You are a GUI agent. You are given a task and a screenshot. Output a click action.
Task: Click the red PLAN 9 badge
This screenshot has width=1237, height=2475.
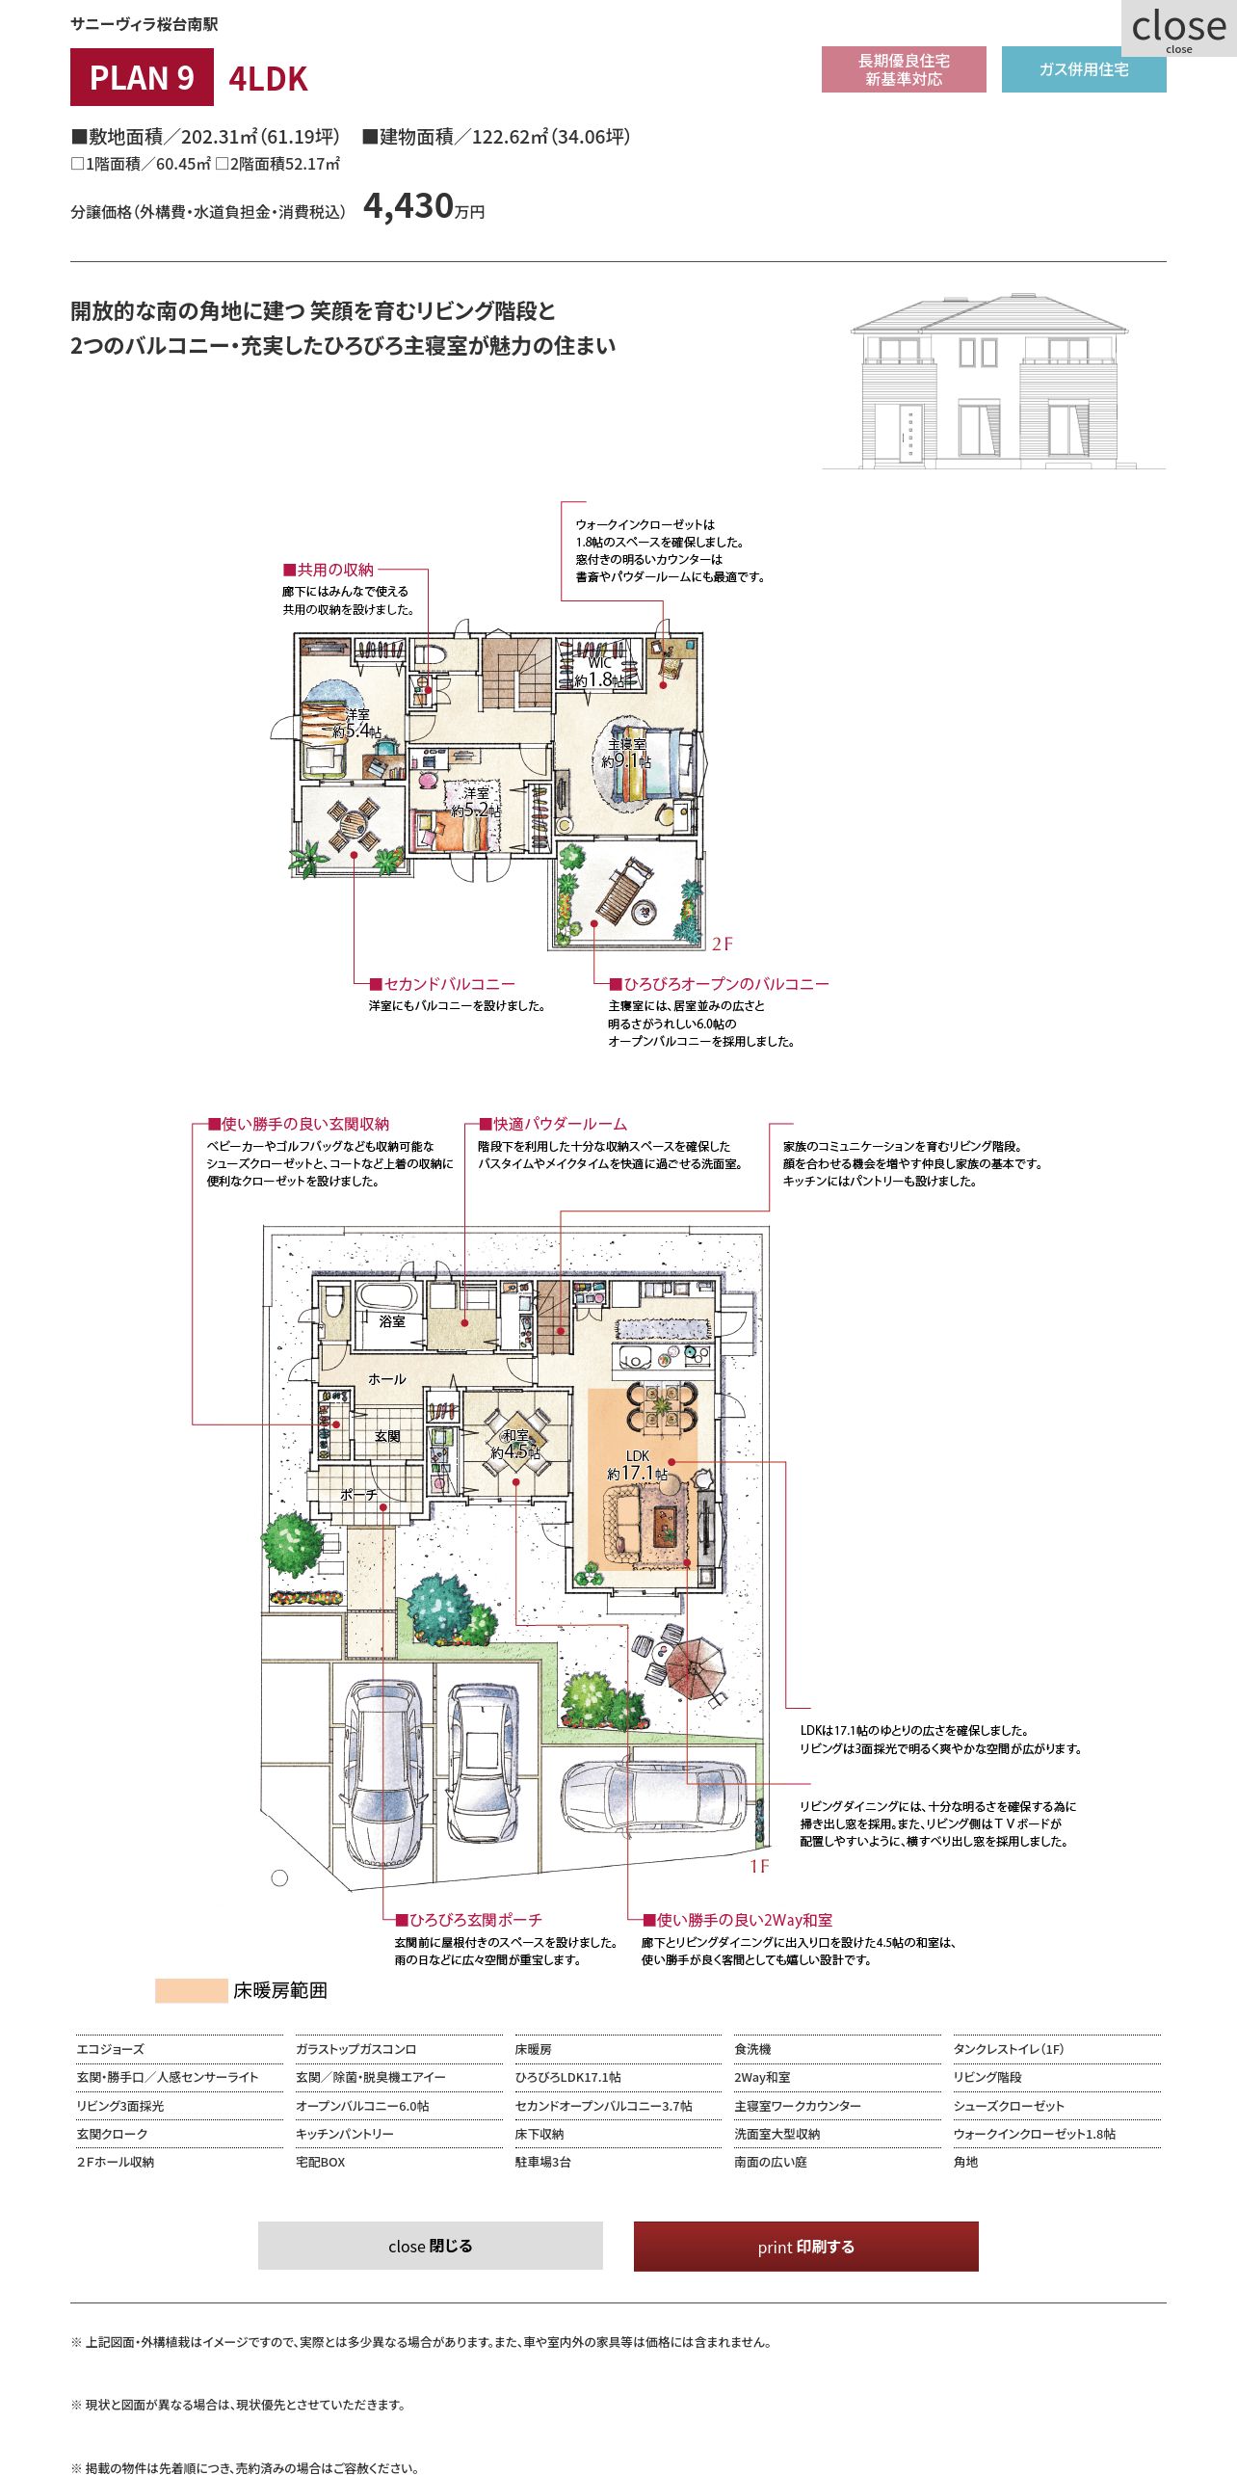pyautogui.click(x=142, y=77)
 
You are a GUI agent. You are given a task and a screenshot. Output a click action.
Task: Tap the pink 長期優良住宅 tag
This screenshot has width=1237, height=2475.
pyautogui.click(x=904, y=69)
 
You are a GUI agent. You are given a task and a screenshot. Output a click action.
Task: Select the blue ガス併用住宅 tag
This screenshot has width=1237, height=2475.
pyautogui.click(x=1084, y=69)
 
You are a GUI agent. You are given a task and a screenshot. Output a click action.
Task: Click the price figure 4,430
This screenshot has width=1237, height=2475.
pyautogui.click(x=408, y=206)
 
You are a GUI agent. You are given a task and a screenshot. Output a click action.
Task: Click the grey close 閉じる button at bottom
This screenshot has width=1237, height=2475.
pyautogui.click(x=431, y=2246)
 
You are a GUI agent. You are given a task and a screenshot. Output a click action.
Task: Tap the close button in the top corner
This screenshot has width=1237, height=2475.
pyautogui.click(x=1179, y=29)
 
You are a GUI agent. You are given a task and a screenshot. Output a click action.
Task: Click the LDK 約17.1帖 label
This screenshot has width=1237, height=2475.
pyautogui.click(x=638, y=1465)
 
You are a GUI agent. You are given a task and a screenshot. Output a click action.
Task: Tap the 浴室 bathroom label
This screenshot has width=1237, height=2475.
pyautogui.click(x=392, y=1321)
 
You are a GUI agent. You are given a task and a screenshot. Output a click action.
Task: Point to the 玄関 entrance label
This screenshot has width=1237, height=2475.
pyautogui.click(x=387, y=1436)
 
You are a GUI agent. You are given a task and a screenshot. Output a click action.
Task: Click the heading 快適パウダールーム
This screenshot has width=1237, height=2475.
pyautogui.click(x=553, y=1124)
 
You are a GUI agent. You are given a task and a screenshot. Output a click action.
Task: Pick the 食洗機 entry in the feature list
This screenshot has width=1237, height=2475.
pyautogui.click(x=752, y=2049)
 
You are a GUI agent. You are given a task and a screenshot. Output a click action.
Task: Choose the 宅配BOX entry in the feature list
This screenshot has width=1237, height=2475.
pyautogui.click(x=320, y=2162)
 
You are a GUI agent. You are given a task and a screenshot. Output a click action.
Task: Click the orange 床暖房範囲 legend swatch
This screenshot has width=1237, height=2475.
pyautogui.click(x=191, y=1991)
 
